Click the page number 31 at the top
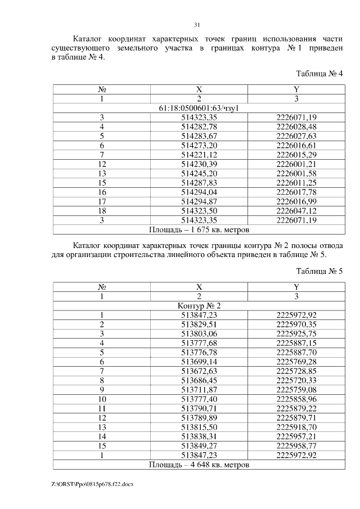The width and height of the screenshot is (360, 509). [x=197, y=25]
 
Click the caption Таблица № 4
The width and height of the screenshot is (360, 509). [x=319, y=74]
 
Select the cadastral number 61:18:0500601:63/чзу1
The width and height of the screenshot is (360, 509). [x=199, y=108]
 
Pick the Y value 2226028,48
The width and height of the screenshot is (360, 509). [x=296, y=127]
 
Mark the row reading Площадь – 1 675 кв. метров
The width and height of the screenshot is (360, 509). [x=199, y=229]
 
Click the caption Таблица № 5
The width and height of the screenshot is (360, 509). [x=319, y=272]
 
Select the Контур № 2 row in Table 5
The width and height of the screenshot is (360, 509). [x=199, y=305]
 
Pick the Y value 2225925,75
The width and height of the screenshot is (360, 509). [x=296, y=334]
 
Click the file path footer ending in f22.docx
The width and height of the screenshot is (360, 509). [x=93, y=484]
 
